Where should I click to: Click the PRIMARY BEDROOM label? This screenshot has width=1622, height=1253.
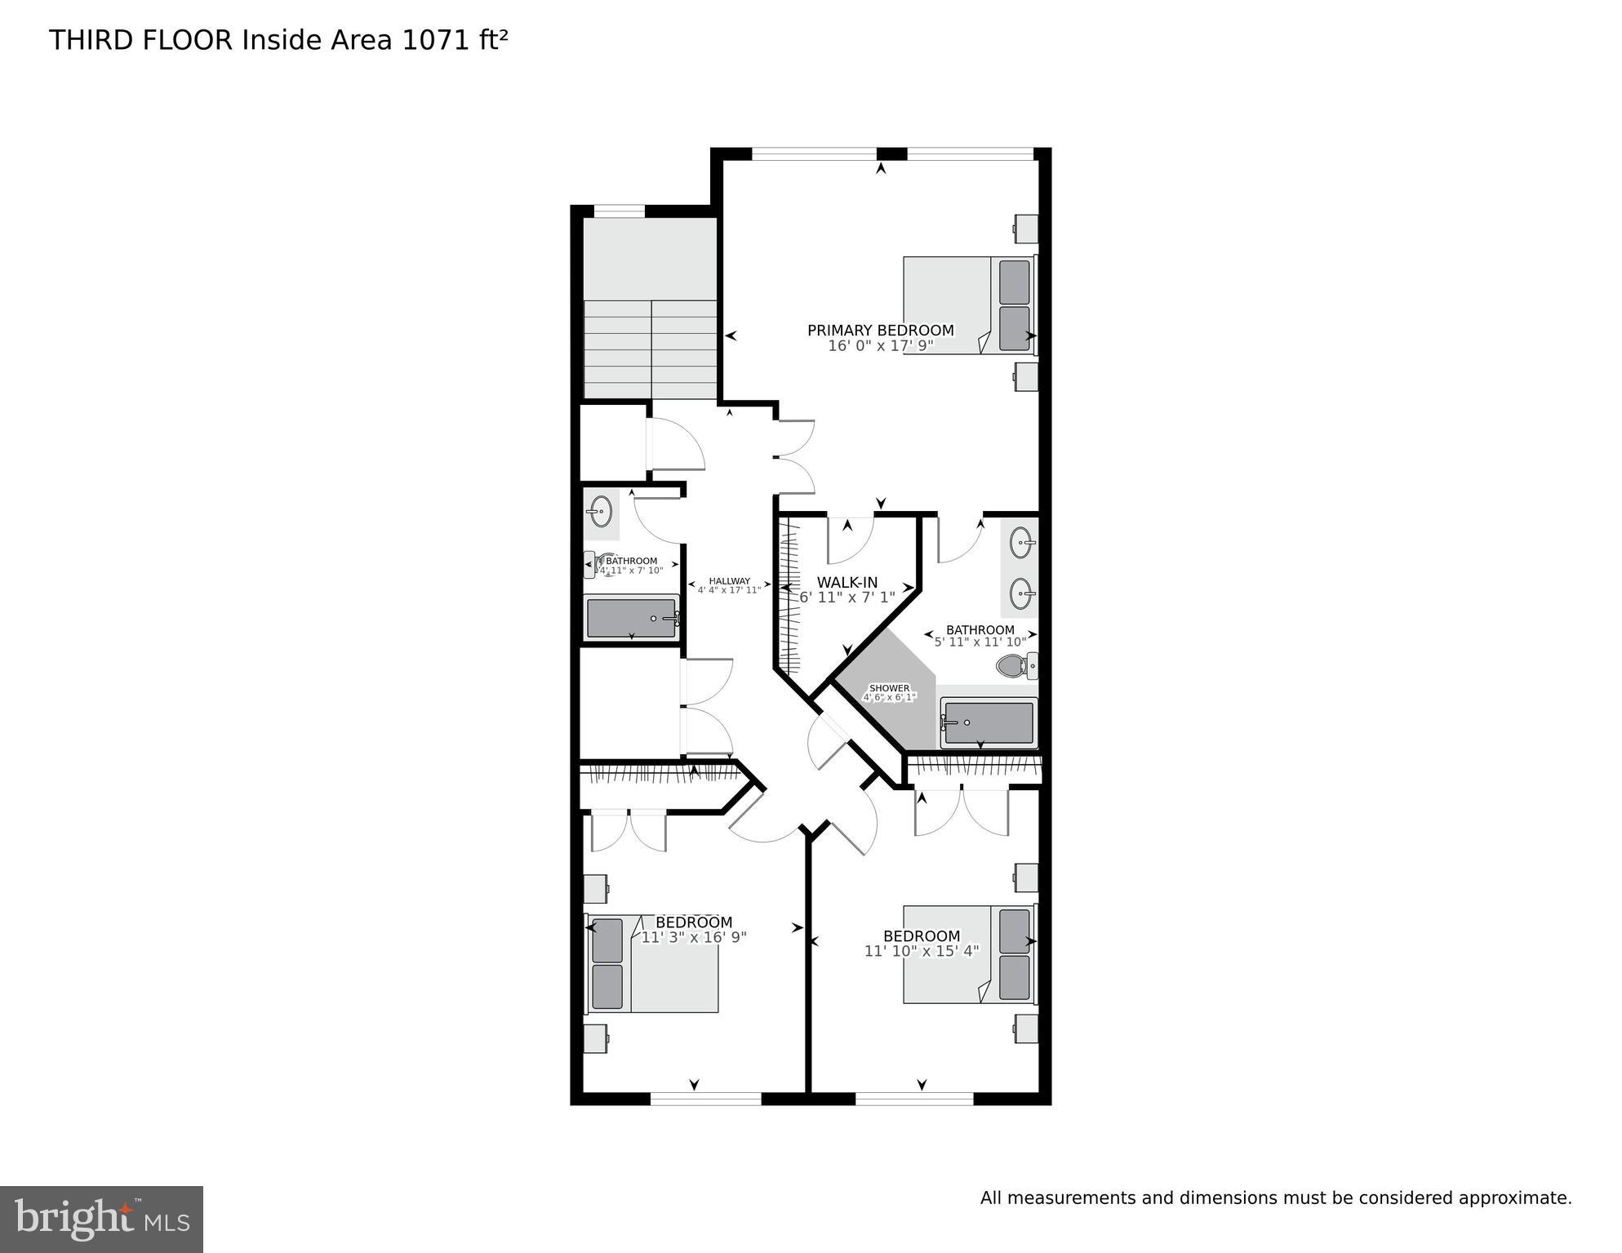880,331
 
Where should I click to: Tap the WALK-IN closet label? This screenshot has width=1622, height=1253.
847,582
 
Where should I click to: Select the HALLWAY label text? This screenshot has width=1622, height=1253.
729,581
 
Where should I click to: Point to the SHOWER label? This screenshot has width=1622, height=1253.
889,688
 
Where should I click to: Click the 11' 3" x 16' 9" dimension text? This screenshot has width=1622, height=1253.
693,938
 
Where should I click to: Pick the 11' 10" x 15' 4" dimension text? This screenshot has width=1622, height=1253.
921,951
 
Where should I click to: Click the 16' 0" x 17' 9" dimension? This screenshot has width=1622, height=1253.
880,346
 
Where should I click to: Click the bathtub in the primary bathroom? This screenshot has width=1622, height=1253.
989,722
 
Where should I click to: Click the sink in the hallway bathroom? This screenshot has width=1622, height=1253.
601,512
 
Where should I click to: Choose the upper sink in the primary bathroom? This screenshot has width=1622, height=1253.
1021,541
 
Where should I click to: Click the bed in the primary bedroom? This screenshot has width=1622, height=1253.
968,305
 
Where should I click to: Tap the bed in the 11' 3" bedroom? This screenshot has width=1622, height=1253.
653,963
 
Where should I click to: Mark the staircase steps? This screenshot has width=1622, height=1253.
650,349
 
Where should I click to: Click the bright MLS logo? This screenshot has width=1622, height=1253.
101,1220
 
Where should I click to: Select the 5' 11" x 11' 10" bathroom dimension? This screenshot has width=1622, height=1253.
980,642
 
